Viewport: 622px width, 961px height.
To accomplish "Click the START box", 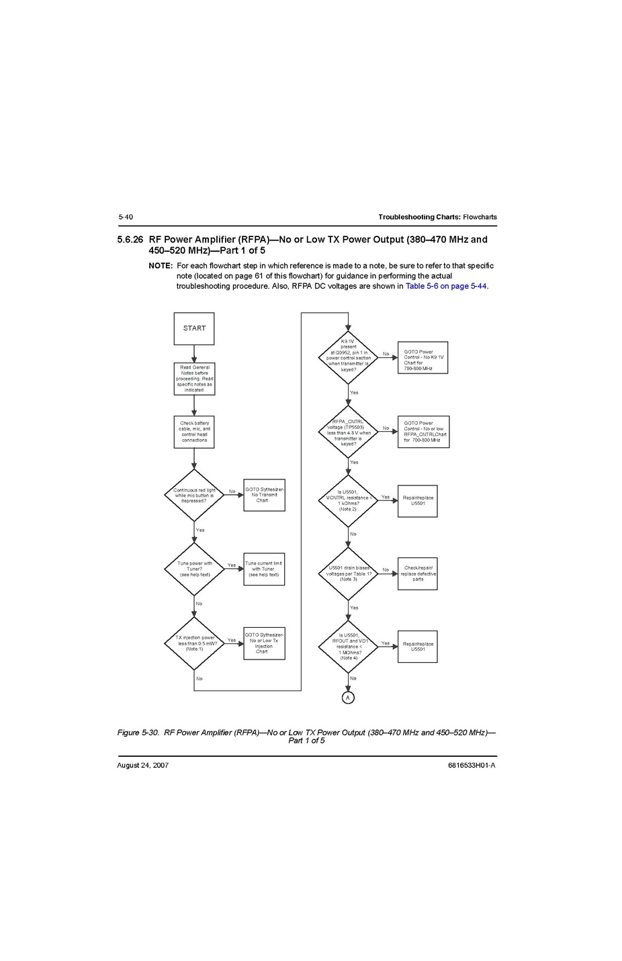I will [194, 328].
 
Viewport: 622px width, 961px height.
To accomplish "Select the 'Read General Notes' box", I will [194, 379].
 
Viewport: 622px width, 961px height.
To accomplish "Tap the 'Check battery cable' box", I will [194, 432].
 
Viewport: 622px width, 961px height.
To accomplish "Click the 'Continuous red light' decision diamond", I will [194, 496].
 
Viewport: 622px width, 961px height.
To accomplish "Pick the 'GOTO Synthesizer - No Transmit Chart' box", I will [264, 495].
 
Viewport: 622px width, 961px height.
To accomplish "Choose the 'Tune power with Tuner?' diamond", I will [194, 569].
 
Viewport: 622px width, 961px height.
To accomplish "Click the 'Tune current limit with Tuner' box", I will [264, 569].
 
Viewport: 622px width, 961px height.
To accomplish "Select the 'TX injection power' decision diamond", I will [194, 643].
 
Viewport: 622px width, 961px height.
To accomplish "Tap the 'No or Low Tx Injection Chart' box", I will [264, 643].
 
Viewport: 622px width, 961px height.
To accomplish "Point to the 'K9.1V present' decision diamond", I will [349, 357].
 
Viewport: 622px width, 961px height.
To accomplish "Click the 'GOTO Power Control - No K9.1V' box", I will [423, 358].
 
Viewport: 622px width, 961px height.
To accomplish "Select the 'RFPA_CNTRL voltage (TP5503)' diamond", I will [349, 432].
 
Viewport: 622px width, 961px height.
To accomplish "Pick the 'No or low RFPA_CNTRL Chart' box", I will [423, 432].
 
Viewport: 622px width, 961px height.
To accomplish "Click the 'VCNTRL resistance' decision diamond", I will [349, 501].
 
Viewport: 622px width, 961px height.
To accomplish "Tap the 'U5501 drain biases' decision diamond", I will [349, 574].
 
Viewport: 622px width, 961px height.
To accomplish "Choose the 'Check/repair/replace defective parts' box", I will [418, 574].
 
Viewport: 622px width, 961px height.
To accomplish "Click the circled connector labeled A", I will [348, 698].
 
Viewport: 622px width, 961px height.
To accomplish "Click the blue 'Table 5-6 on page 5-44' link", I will [446, 286].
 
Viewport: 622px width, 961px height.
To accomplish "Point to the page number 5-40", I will [126, 217].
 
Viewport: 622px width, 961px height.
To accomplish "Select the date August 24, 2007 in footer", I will [142, 765].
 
